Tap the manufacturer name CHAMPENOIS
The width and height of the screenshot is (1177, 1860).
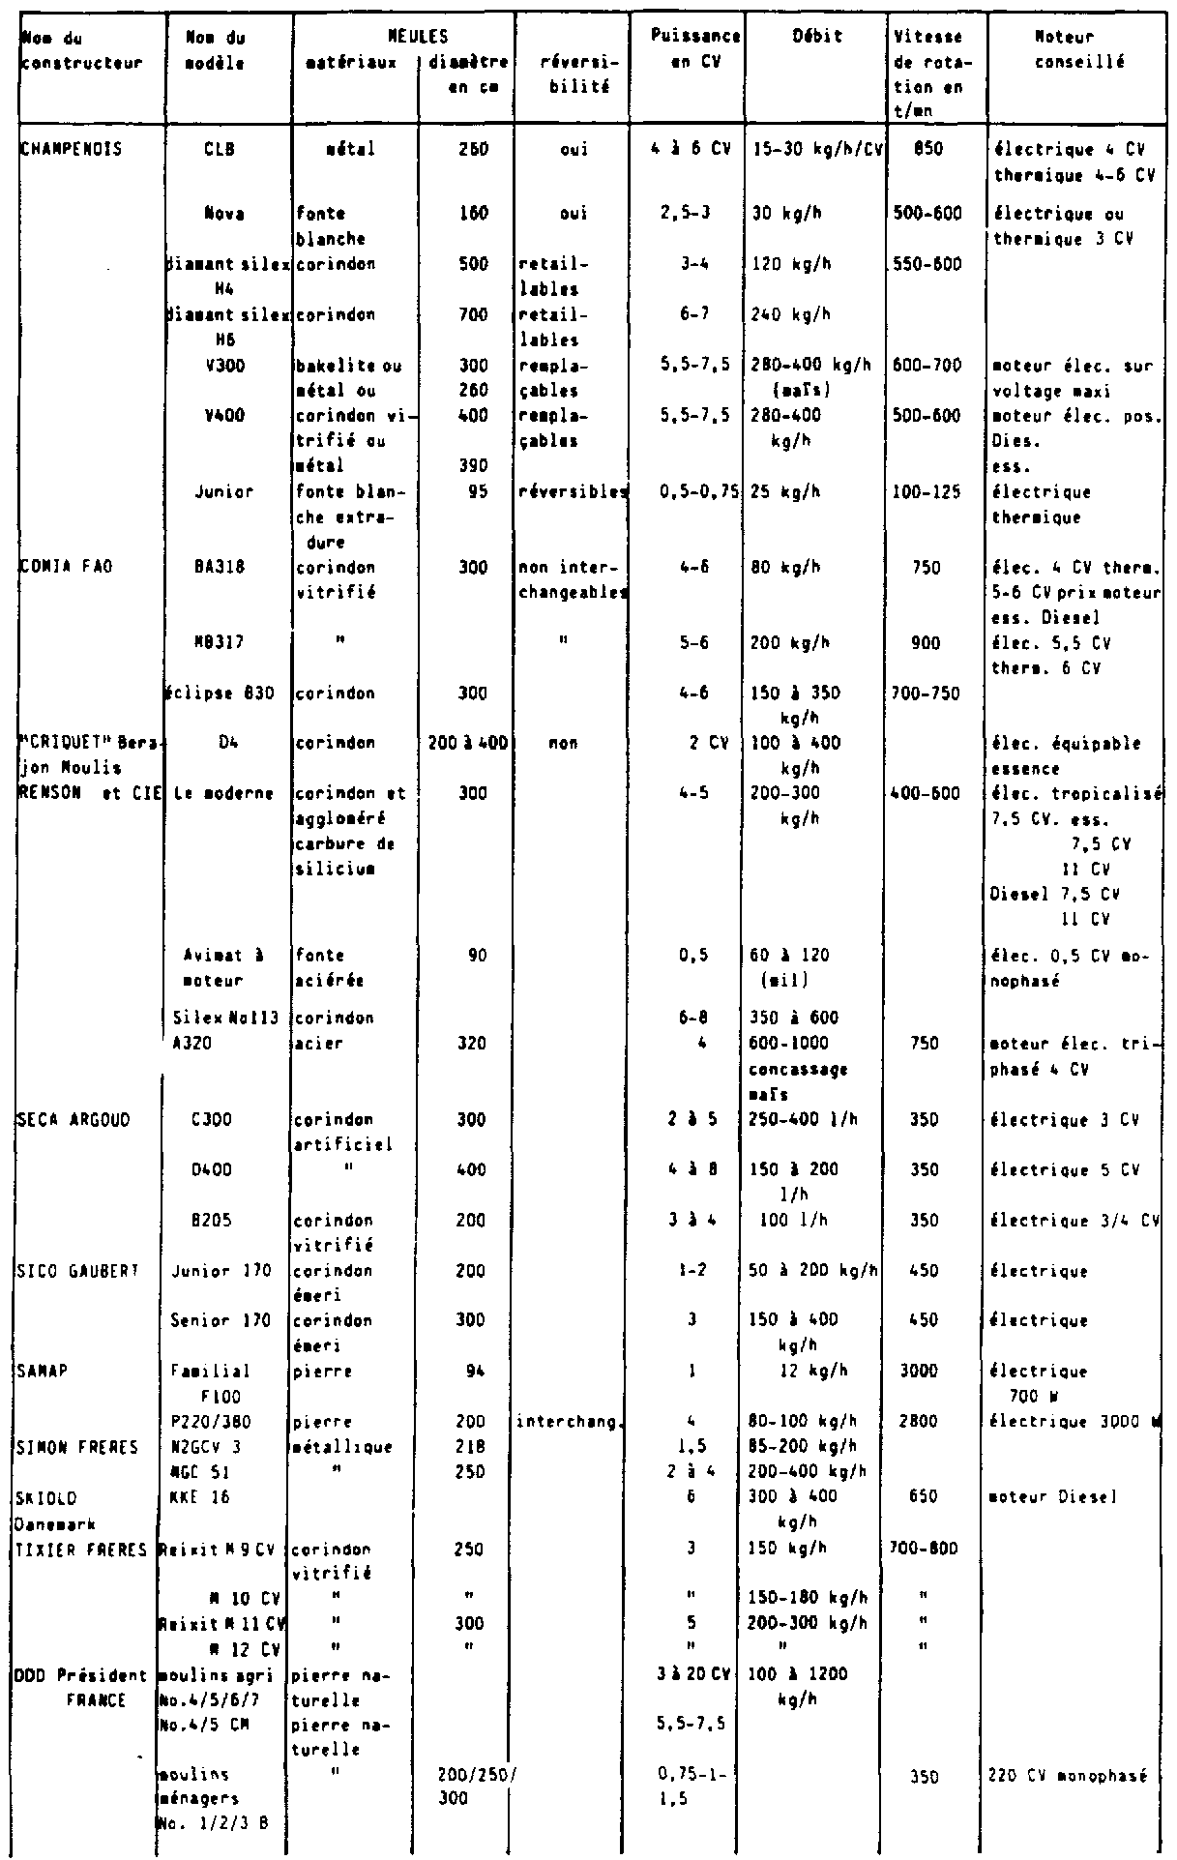61,151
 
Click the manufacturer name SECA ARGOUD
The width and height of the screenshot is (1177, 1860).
64,1120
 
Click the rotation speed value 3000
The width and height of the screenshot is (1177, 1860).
926,1372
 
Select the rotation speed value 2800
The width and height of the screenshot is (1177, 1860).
926,1422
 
